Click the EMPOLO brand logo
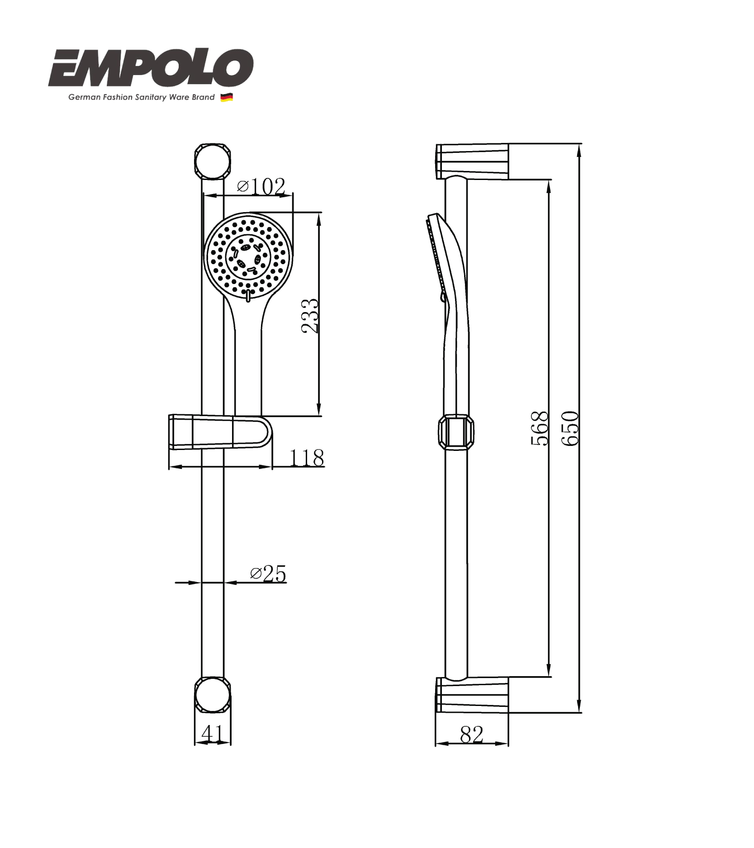click(x=151, y=69)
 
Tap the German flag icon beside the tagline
click(x=227, y=97)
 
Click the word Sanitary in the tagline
click(x=151, y=97)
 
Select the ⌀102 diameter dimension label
click(x=261, y=186)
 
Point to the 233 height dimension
click(x=310, y=316)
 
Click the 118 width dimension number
click(x=307, y=458)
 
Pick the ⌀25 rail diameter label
click(x=268, y=574)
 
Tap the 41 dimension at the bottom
click(x=212, y=734)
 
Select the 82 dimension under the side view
click(x=471, y=734)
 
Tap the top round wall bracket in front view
click(x=212, y=161)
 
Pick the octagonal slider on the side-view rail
click(x=456, y=432)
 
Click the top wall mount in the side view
click(x=472, y=161)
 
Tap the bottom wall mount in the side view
click(x=472, y=695)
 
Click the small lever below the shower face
click(x=248, y=296)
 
